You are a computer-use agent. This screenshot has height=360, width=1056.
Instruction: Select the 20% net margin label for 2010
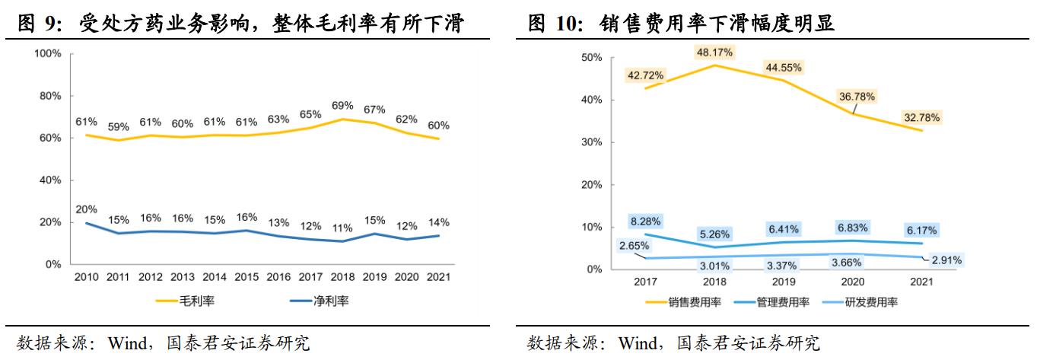point(86,209)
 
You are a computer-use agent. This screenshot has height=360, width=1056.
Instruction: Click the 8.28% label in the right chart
point(645,221)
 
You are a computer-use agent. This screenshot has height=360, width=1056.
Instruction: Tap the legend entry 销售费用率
point(692,301)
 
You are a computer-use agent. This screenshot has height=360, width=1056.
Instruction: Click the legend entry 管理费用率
point(779,301)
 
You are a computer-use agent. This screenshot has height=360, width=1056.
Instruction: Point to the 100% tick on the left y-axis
point(47,53)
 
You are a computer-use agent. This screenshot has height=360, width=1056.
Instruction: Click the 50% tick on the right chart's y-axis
point(592,58)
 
